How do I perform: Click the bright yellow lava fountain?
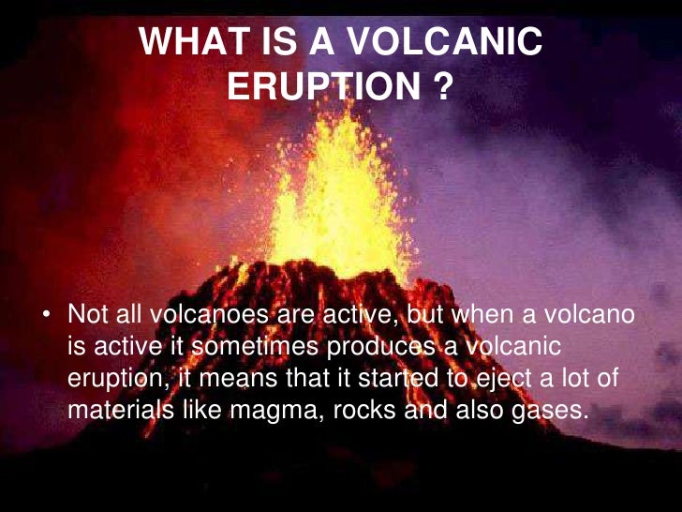343,197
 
